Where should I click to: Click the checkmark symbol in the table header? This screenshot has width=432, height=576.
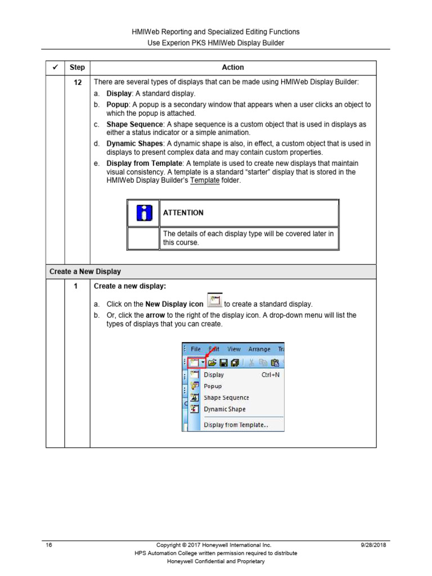point(55,67)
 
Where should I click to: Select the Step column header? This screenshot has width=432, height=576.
point(77,67)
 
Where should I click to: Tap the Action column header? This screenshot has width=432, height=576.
point(233,67)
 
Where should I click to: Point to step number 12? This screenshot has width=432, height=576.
point(77,82)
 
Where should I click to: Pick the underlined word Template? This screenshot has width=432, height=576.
point(205,181)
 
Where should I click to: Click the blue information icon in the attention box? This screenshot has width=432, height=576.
point(144,213)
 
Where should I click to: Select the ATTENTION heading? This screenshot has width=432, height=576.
point(183,213)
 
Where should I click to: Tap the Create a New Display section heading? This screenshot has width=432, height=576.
point(85,271)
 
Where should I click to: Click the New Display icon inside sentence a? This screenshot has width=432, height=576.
point(214,301)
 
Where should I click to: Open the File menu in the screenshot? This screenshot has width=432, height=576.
point(195,349)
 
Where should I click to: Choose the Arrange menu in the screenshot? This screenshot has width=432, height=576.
point(259,349)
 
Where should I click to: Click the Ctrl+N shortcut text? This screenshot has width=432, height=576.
point(271,375)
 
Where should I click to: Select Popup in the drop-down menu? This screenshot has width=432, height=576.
point(213,386)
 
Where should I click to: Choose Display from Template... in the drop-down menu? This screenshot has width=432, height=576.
point(236,425)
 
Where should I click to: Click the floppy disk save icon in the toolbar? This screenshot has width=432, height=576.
point(223,362)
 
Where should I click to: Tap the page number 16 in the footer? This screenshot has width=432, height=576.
point(49,545)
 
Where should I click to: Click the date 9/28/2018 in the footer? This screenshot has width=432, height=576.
point(373,545)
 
